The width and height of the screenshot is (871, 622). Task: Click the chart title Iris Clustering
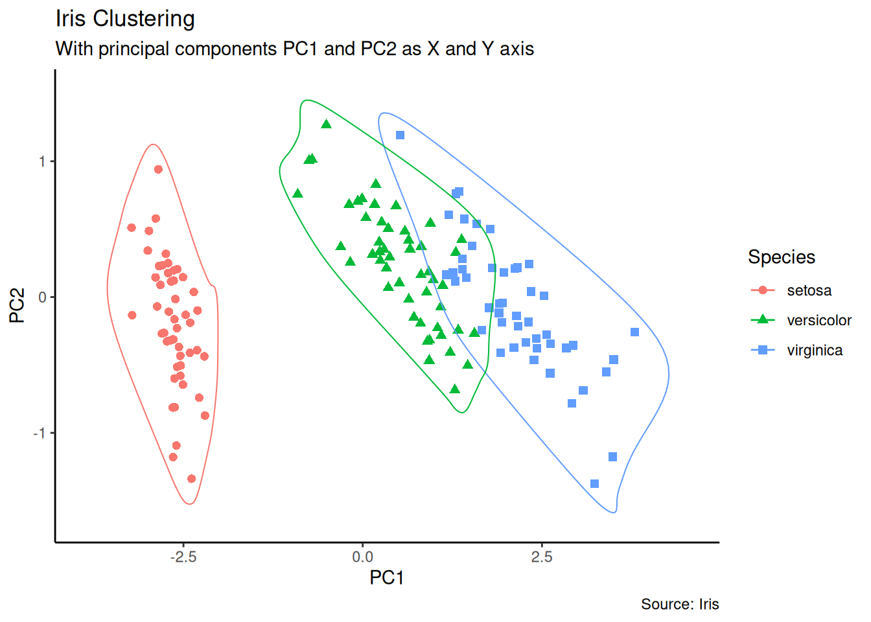pos(125,19)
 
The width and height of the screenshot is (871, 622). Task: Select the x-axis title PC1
pos(387,577)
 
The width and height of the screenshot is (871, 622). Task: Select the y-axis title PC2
pos(17,305)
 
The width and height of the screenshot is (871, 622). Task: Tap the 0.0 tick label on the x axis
pos(362,557)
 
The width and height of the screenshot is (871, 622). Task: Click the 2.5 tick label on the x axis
pos(542,557)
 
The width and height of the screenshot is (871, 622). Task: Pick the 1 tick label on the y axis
pos(43,161)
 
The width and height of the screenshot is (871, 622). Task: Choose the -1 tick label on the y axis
pos(40,433)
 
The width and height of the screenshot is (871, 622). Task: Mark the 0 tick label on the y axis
pos(43,297)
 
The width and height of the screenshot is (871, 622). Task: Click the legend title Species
pos(782,257)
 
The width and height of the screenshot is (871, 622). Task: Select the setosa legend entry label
pos(809,291)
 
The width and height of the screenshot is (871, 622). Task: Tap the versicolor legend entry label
pos(819,321)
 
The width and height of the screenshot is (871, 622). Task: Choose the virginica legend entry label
pos(815,351)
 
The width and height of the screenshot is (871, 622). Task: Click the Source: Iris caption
pos(680,605)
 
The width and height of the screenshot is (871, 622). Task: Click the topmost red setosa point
pos(158,169)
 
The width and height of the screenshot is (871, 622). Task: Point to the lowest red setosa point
pos(191,479)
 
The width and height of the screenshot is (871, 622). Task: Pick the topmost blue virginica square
pos(400,135)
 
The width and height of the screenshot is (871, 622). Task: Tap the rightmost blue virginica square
pos(634,332)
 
